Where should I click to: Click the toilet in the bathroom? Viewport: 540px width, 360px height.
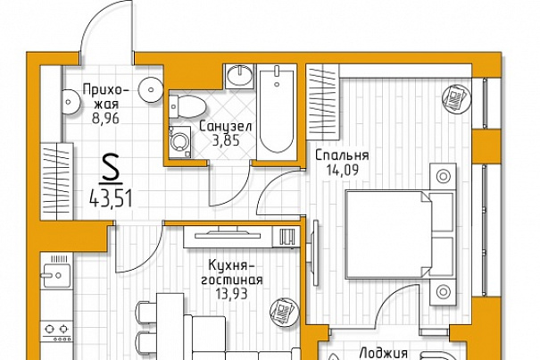(x=187, y=106)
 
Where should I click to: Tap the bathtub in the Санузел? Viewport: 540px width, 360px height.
(x=277, y=112)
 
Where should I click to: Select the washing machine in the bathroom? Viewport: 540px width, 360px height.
(x=179, y=142)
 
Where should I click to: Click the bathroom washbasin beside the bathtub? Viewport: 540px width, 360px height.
(x=240, y=76)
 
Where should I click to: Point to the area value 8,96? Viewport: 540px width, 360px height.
(x=105, y=118)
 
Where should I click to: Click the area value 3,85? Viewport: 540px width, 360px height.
(x=226, y=140)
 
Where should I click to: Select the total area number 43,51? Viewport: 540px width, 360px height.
(x=111, y=199)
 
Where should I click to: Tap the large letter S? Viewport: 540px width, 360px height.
(x=111, y=168)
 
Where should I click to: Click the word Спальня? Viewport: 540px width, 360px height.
(x=342, y=155)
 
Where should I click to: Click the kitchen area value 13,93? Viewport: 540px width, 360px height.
(x=232, y=294)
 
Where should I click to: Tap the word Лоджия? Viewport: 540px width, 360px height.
(x=384, y=353)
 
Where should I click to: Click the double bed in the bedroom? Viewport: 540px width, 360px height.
(x=402, y=234)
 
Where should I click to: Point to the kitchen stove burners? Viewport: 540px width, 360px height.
(x=56, y=330)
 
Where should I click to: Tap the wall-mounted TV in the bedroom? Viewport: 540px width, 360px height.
(x=315, y=253)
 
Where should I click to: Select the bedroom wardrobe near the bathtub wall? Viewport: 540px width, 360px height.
(x=323, y=102)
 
